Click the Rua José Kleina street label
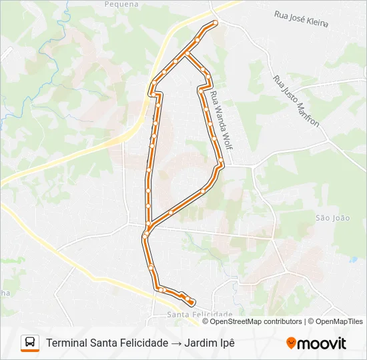coord(301,19)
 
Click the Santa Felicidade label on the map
coord(200,314)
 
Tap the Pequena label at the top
coord(121,3)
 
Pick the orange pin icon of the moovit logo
coord(292,343)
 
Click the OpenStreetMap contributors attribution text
coord(256,321)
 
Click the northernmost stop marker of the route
coord(215,23)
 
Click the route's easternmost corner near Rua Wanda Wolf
coord(222,164)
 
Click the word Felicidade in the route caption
coord(145,343)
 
